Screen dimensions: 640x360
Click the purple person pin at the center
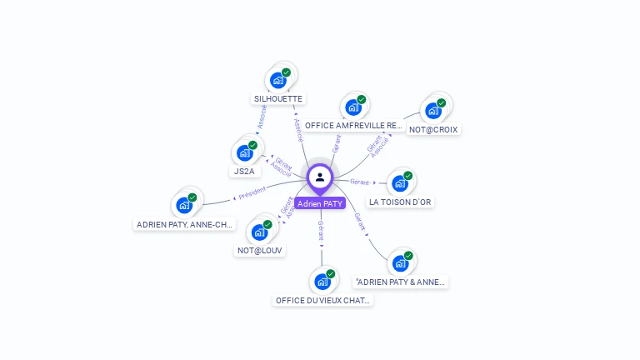click(320, 177)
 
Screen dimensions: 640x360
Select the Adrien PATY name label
click(320, 203)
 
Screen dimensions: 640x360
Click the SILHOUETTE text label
click(278, 98)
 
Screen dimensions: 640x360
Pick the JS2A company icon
click(243, 152)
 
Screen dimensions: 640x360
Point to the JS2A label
click(245, 171)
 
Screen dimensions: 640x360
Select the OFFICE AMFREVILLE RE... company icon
click(352, 107)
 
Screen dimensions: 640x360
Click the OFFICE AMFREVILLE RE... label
click(354, 126)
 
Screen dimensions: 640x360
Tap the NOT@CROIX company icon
click(432, 110)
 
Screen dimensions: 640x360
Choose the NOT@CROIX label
click(433, 129)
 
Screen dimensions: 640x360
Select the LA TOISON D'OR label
click(401, 202)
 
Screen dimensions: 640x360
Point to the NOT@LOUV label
click(260, 250)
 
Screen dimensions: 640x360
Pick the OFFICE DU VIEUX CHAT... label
click(323, 300)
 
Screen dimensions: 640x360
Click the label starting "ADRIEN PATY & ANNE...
click(400, 282)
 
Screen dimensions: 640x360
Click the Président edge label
click(252, 193)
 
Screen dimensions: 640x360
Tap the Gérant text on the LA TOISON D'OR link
click(360, 181)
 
